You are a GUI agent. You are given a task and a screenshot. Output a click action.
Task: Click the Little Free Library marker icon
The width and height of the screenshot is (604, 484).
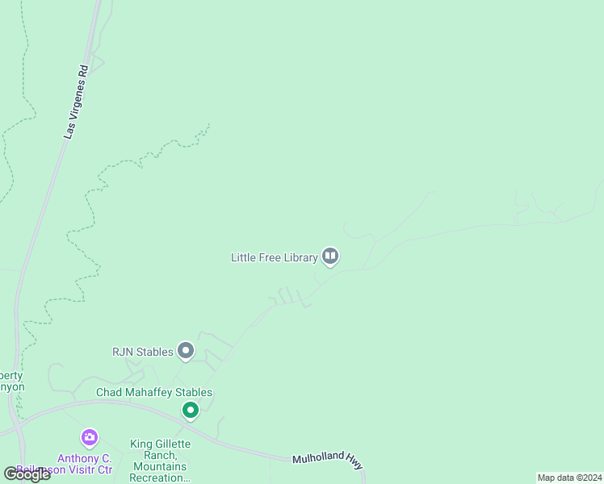pos(329,257)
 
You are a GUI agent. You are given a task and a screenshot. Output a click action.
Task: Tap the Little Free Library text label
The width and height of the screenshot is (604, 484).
pos(275,258)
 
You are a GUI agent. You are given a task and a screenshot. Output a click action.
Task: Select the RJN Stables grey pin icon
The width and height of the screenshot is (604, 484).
pos(186,351)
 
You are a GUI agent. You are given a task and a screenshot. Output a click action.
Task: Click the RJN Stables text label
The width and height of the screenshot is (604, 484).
pos(143,352)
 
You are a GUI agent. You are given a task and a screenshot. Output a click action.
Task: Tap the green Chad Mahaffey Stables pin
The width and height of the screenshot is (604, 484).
pos(191,411)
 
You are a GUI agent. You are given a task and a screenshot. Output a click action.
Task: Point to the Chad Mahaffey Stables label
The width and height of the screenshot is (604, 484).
pos(154,393)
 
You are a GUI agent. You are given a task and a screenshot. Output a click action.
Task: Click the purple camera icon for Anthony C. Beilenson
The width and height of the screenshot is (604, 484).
pos(90,438)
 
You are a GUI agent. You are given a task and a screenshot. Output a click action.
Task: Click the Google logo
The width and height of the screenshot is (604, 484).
pos(27,474)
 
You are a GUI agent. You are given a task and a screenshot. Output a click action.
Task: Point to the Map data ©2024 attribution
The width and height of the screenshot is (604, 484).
pos(569,478)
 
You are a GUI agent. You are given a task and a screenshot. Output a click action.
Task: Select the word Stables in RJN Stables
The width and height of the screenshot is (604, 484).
pos(154,352)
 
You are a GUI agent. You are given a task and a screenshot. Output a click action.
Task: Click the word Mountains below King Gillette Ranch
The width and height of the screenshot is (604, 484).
pos(160,467)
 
